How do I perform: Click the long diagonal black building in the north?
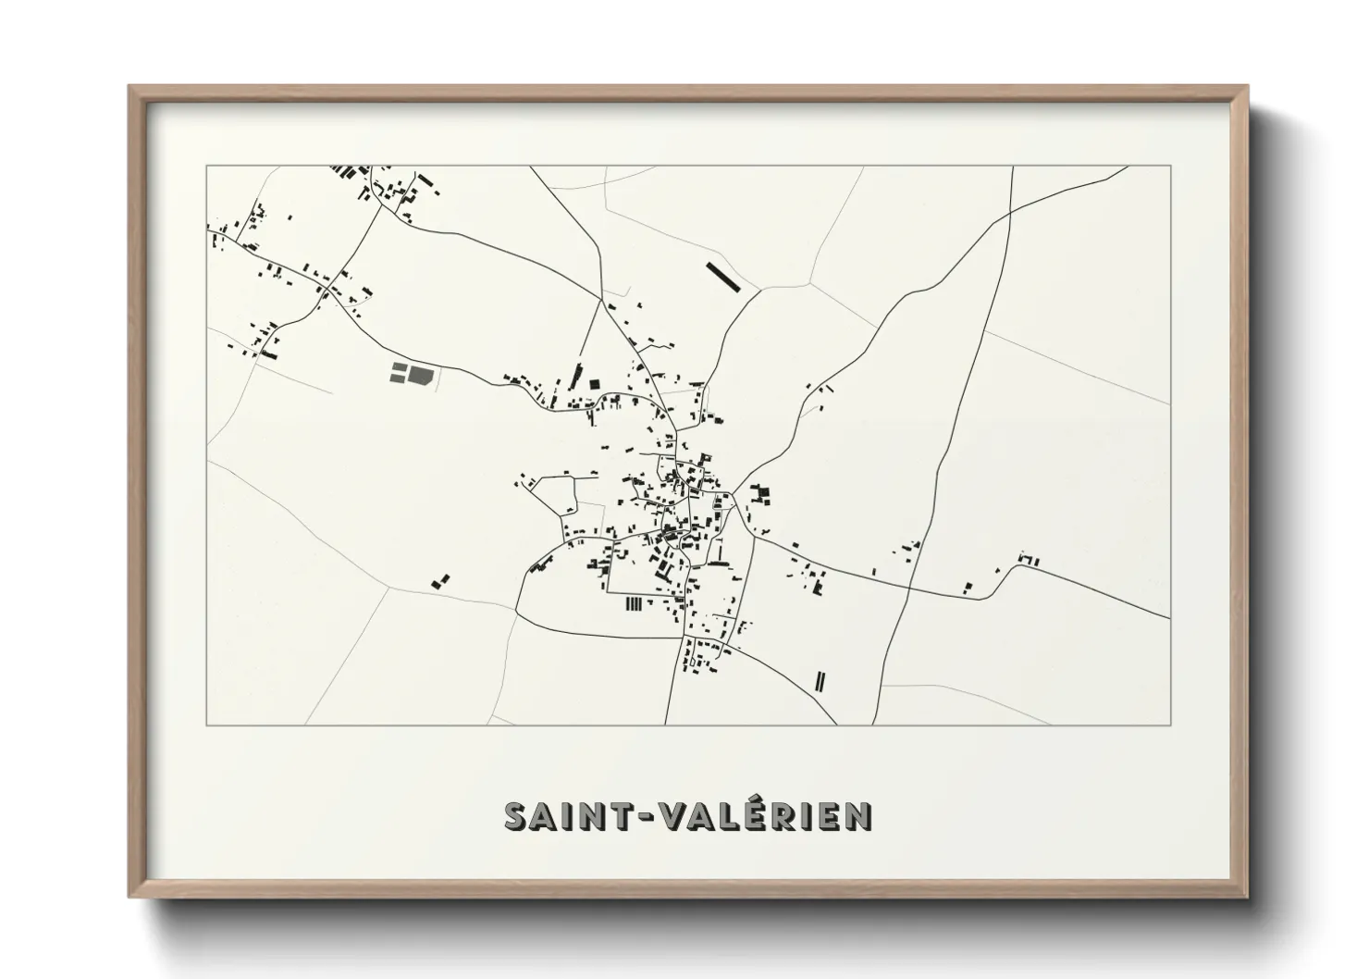coord(724,277)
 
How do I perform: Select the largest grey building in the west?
coord(421,374)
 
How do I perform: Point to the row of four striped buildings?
coord(634,604)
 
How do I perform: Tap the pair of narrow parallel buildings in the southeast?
coord(820,681)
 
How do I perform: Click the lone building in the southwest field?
coord(441,581)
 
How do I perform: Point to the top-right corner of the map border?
coord(1170,167)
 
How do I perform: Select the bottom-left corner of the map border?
coord(207,725)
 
